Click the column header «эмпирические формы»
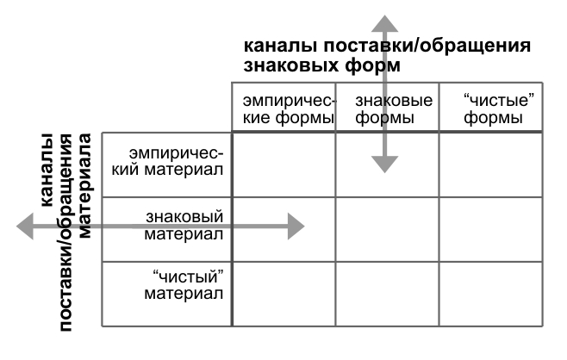pyautogui.click(x=289, y=109)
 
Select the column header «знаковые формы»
pyautogui.click(x=394, y=109)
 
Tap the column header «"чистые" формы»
pyautogui.click(x=499, y=109)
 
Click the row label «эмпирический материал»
pyautogui.click(x=167, y=162)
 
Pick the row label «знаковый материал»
pyautogui.click(x=184, y=225)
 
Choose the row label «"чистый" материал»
pyautogui.click(x=184, y=285)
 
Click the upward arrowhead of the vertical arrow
pyautogui.click(x=384, y=24)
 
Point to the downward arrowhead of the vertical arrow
pyautogui.click(x=384, y=164)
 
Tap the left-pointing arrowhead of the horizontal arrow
pyautogui.click(x=25, y=227)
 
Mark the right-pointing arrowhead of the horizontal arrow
pyautogui.click(x=296, y=227)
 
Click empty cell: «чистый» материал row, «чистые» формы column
pyautogui.click(x=490, y=295)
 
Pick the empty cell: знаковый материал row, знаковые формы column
pyautogui.click(x=387, y=229)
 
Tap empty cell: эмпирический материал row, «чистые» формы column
pyautogui.click(x=490, y=165)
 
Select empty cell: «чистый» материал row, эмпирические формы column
pyautogui.click(x=283, y=295)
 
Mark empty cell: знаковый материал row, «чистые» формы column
pyautogui.click(x=490, y=229)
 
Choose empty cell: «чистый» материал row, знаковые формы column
pyautogui.click(x=387, y=295)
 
